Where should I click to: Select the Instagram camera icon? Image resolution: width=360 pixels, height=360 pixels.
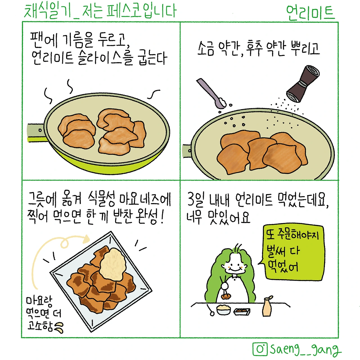(260, 349)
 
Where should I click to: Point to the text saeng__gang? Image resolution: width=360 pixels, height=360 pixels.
(305, 349)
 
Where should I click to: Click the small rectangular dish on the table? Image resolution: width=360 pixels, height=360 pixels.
(242, 311)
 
